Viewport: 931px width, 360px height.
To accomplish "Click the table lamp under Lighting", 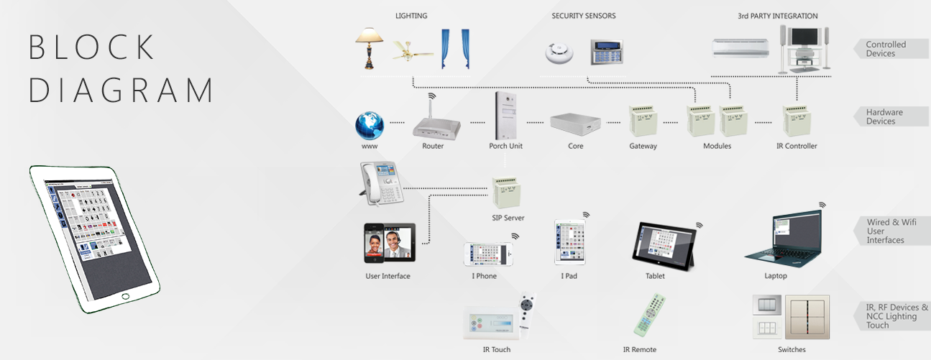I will tap(370, 47).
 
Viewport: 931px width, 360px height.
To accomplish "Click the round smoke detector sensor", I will tap(557, 52).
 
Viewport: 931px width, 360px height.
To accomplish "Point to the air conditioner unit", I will tap(740, 49).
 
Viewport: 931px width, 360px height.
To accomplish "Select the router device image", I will tap(435, 124).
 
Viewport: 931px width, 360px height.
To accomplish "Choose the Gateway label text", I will tap(643, 146).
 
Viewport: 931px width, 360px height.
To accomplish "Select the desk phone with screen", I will tap(382, 183).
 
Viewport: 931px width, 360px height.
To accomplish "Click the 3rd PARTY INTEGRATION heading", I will tap(777, 16).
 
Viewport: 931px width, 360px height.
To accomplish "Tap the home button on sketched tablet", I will tap(125, 296).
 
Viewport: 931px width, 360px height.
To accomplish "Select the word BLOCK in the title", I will tap(92, 47).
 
